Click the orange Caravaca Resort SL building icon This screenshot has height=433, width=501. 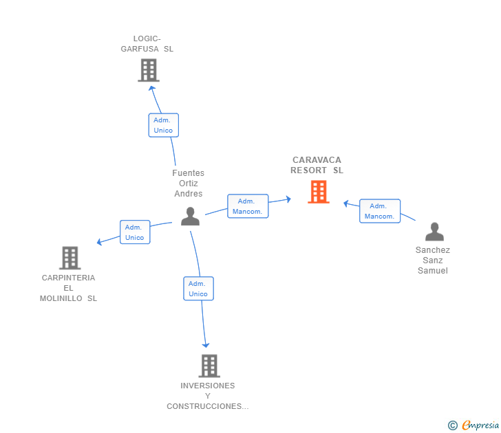(318, 192)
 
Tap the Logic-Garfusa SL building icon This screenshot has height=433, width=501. (148, 70)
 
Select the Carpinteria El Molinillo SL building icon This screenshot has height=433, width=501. (70, 258)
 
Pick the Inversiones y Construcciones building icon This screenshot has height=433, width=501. (209, 366)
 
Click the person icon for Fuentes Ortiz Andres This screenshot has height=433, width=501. (190, 216)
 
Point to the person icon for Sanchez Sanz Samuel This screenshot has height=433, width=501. (434, 232)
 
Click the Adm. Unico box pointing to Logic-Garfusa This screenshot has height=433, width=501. (163, 125)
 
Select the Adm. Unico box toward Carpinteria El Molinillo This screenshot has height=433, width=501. (134, 232)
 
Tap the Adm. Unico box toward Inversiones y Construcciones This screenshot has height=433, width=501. (198, 289)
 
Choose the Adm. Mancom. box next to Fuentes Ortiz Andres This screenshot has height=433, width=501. (247, 206)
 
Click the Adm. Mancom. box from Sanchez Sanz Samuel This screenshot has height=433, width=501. (379, 211)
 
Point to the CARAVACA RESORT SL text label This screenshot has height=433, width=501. (317, 165)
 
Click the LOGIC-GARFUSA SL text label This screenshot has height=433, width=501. (147, 44)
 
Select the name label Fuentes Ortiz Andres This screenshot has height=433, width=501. (188, 184)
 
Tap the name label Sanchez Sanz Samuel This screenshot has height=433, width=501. (433, 260)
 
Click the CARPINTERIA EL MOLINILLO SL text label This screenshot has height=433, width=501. (68, 288)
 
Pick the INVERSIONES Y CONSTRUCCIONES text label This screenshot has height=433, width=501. (208, 396)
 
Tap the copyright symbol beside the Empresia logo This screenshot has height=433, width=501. (452, 425)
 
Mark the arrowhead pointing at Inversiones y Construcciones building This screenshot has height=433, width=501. (206, 345)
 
